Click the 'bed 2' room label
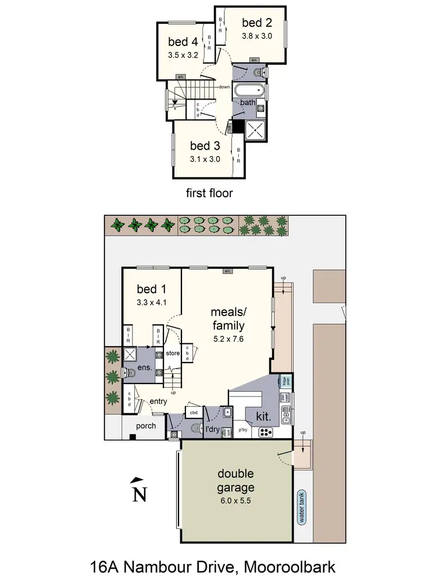tap(257, 23)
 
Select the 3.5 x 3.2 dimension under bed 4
tap(184, 56)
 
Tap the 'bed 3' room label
tap(205, 145)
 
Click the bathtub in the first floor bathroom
tap(249, 91)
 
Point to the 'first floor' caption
tap(209, 193)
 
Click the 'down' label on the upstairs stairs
tap(224, 87)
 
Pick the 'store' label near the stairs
tap(172, 353)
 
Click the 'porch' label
tap(146, 426)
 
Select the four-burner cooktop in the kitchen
tap(266, 432)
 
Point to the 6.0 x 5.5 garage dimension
tap(235, 500)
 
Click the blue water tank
tap(301, 508)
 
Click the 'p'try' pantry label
tap(243, 431)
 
